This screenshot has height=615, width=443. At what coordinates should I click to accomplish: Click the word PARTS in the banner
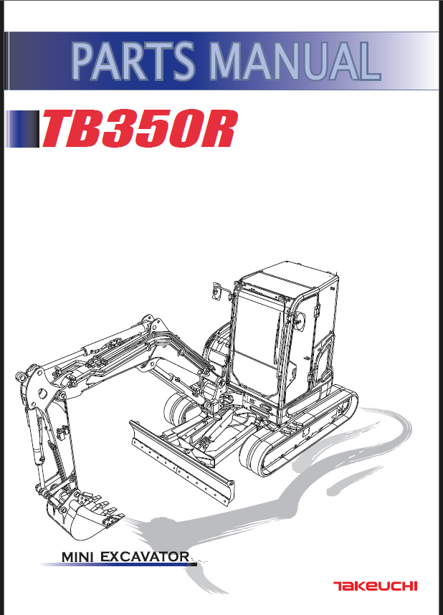point(133,61)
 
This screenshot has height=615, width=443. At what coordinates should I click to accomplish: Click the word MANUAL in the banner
point(295,61)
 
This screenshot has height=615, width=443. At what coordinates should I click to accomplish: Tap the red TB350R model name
point(138,129)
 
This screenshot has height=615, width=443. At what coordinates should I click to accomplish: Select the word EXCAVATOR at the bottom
point(146,557)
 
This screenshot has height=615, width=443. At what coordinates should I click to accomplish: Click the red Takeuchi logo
point(375,586)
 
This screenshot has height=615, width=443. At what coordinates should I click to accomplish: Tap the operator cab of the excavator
point(280,338)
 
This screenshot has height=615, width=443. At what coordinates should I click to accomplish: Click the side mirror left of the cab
point(216,290)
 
